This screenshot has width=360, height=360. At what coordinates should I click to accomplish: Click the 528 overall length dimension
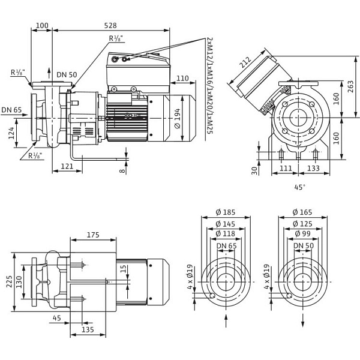click(110, 26)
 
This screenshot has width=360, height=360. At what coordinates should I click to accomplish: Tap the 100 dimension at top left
click(42, 26)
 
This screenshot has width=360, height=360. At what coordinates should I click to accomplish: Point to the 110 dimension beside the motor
click(182, 78)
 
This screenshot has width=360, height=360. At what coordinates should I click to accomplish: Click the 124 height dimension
click(12, 133)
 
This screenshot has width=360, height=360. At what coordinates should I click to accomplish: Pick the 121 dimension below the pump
click(67, 166)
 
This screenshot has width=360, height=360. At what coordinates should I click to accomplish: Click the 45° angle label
click(300, 187)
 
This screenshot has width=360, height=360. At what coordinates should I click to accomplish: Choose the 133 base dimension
click(313, 169)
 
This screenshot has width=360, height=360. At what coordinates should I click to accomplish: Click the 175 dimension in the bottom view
click(93, 235)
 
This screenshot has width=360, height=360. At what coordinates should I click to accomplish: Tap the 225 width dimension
click(9, 281)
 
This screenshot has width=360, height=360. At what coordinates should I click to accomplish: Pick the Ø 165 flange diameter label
click(303, 212)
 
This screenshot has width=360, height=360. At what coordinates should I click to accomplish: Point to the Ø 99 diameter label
click(303, 233)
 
